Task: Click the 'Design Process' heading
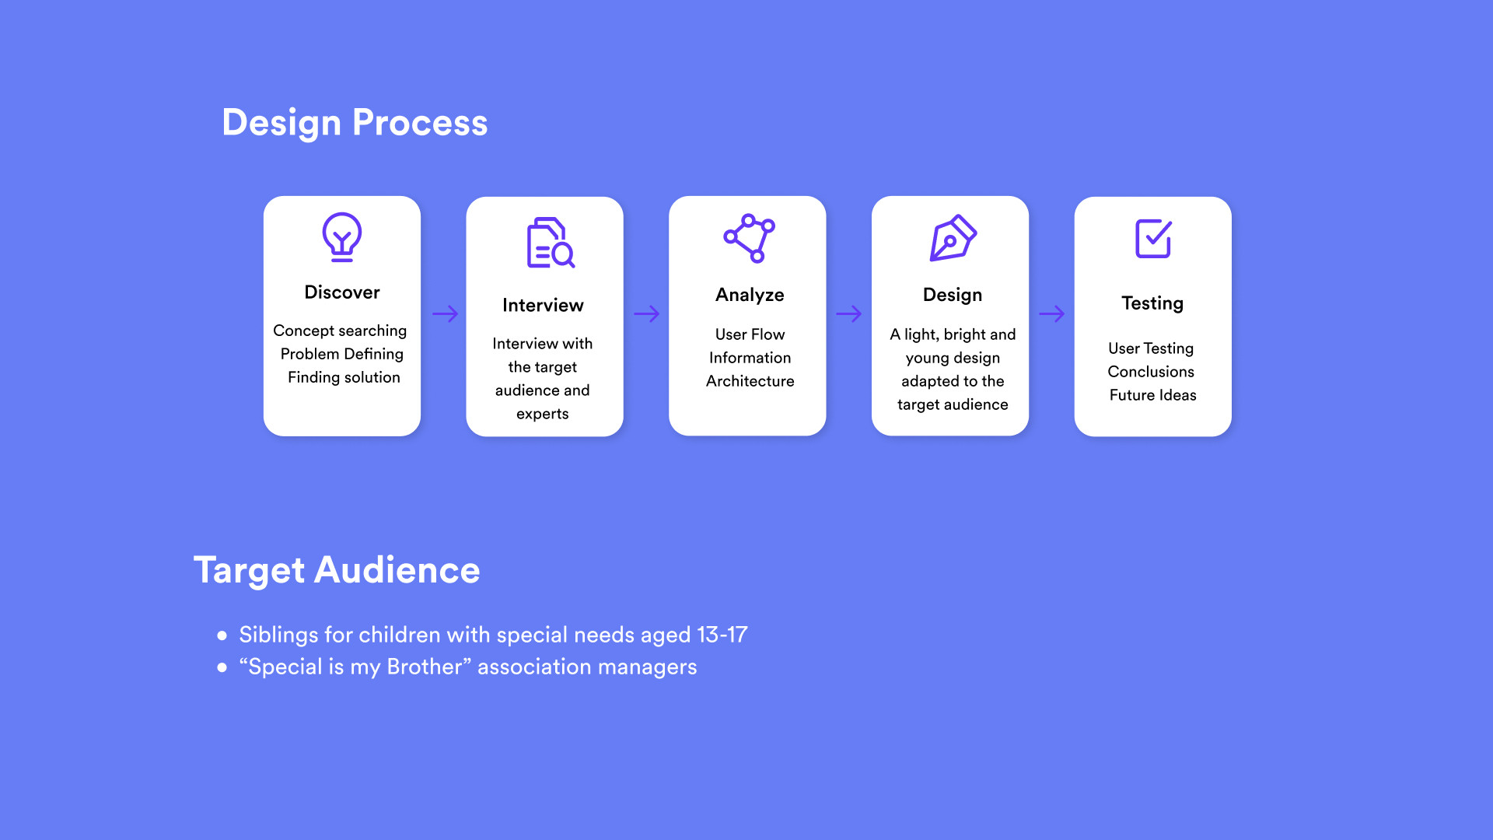[355, 123]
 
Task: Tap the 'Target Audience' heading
[337, 570]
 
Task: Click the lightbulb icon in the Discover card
[342, 237]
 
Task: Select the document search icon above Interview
[551, 243]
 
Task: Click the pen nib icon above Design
[953, 238]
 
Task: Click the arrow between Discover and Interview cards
[446, 314]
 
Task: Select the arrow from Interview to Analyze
[647, 314]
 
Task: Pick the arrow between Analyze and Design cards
[849, 314]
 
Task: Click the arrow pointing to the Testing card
[1052, 314]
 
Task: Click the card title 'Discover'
[342, 292]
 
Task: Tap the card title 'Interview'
[543, 305]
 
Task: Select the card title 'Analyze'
[750, 296]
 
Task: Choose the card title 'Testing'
[1152, 303]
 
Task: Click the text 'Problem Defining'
[342, 354]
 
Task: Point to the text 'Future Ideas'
[1153, 395]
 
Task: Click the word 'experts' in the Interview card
[543, 415]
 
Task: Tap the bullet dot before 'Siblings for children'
[222, 635]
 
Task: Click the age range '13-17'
[722, 635]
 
